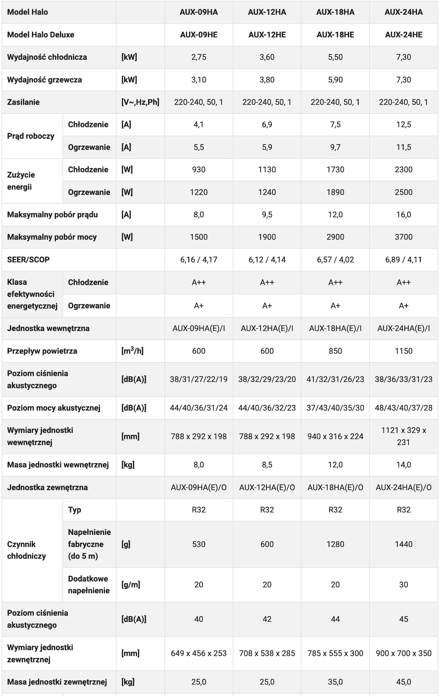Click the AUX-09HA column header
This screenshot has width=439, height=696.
tap(199, 12)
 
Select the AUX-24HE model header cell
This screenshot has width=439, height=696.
tap(404, 35)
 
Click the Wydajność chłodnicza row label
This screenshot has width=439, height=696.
tap(47, 57)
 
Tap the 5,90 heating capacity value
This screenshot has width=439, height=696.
tap(335, 80)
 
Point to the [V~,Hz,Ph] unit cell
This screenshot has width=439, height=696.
tap(140, 102)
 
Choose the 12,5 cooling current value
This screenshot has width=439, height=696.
tap(404, 125)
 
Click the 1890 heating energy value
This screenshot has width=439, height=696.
tap(335, 192)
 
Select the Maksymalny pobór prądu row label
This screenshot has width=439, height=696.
tap(52, 215)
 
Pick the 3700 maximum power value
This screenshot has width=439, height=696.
tap(404, 237)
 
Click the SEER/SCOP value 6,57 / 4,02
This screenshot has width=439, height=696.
tap(335, 259)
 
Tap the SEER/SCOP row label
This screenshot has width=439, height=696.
tap(28, 259)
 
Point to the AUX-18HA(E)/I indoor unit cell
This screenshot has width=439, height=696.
tap(335, 328)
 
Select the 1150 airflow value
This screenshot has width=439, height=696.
tap(404, 351)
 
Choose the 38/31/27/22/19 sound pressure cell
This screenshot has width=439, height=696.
tap(199, 379)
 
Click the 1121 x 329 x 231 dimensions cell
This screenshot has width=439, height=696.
tap(404, 436)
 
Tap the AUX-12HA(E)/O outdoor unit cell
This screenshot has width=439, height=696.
tap(267, 487)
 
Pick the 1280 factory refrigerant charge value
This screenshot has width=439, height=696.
tap(335, 544)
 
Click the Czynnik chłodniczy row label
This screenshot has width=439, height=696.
tap(26, 550)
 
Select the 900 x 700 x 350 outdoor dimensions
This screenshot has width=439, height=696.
tap(404, 653)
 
